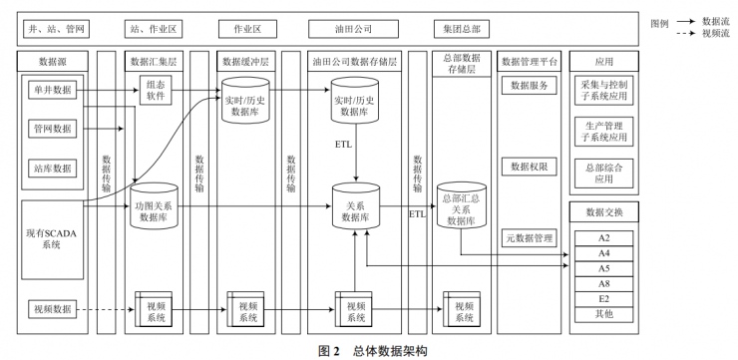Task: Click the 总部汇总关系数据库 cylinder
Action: pyautogui.click(x=460, y=210)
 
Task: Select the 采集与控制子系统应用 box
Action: pyautogui.click(x=602, y=92)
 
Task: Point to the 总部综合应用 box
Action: pyautogui.click(x=602, y=175)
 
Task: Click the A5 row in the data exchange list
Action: pyautogui.click(x=604, y=269)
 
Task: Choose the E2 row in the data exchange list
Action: pyautogui.click(x=604, y=299)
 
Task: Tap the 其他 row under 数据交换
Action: pyautogui.click(x=604, y=314)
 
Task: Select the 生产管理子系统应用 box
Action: pyautogui.click(x=602, y=132)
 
